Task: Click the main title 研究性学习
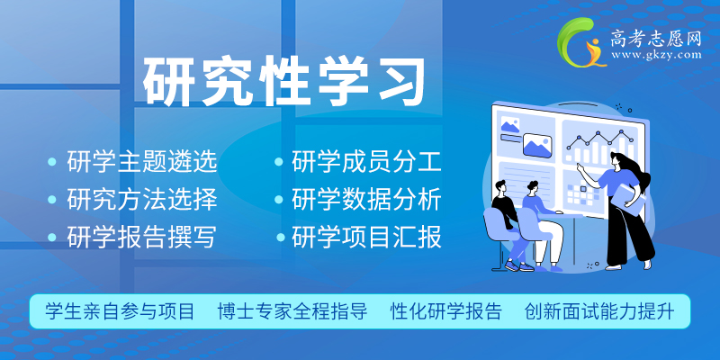click(x=283, y=81)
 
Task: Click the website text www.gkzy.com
click(x=656, y=55)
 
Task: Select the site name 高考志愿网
click(x=656, y=39)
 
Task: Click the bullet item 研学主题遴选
click(x=142, y=162)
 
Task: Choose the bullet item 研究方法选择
click(x=142, y=199)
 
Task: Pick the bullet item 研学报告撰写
click(x=142, y=237)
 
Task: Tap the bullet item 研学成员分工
click(x=366, y=162)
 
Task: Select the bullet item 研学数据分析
click(x=366, y=199)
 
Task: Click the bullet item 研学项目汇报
click(x=366, y=237)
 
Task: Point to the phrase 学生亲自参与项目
click(x=120, y=311)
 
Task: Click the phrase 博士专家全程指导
click(x=292, y=311)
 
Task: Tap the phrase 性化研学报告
click(x=446, y=311)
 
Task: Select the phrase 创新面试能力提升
click(x=599, y=311)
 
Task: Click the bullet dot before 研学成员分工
click(x=279, y=162)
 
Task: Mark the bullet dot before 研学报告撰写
click(x=52, y=237)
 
